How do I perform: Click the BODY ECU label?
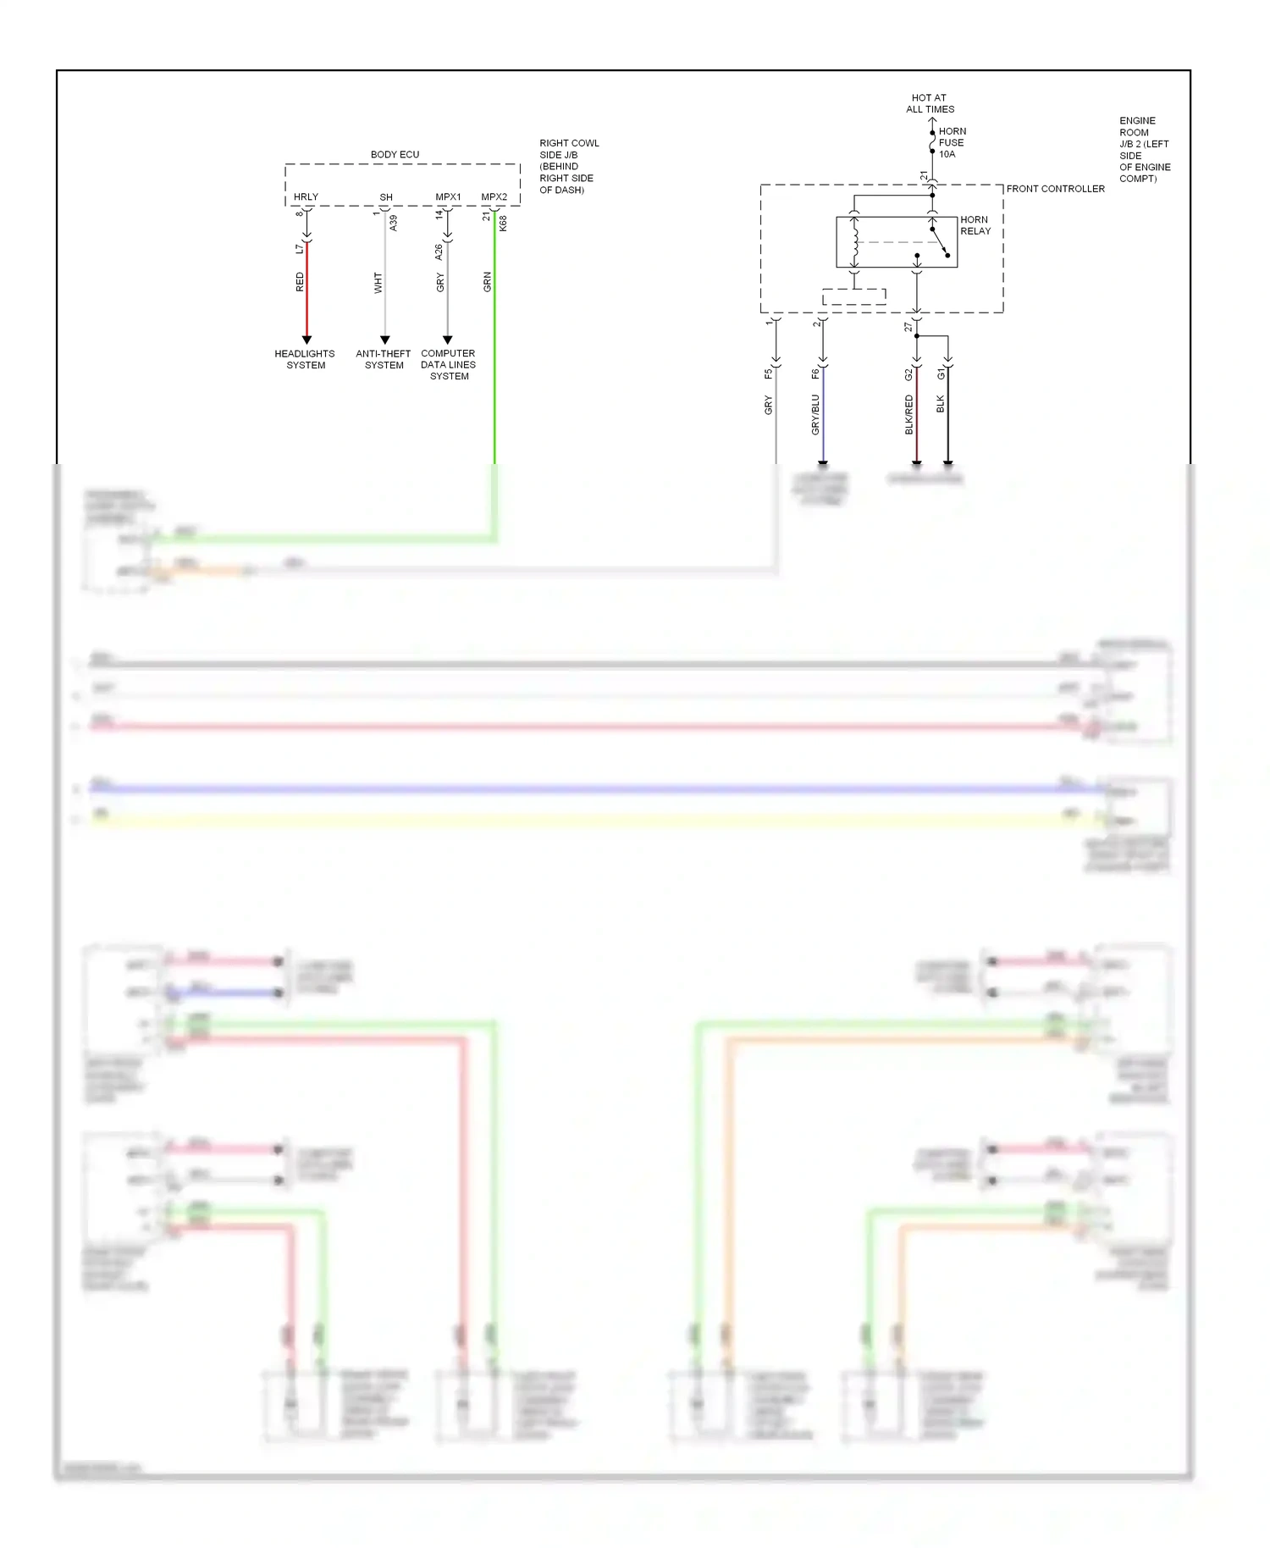(395, 154)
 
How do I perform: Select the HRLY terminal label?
(306, 196)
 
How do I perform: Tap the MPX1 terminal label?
(448, 196)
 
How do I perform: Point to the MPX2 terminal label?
(494, 196)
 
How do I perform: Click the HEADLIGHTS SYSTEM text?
(305, 359)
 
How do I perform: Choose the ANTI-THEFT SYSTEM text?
(384, 359)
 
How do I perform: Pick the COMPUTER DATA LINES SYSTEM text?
(448, 364)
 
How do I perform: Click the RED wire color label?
(300, 282)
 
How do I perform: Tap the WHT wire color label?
(378, 283)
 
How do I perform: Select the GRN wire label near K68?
(488, 282)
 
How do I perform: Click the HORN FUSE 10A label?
(952, 142)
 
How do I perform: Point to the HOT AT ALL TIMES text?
(930, 103)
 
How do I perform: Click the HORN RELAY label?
(975, 224)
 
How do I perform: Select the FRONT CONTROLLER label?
(1055, 189)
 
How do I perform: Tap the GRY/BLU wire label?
(815, 414)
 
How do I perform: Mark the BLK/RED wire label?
(909, 414)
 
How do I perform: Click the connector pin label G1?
(941, 373)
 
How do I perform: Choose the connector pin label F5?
(768, 373)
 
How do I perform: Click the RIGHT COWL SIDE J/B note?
(568, 166)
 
